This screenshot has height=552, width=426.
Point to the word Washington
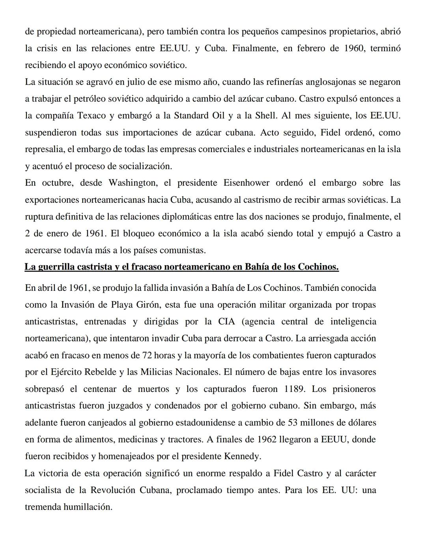(x=132, y=183)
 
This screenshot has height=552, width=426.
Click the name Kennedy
(x=242, y=456)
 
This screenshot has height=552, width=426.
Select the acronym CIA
(x=226, y=321)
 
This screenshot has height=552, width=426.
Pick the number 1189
(x=294, y=389)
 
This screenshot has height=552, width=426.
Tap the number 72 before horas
(x=147, y=355)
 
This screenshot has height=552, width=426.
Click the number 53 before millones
(x=292, y=422)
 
